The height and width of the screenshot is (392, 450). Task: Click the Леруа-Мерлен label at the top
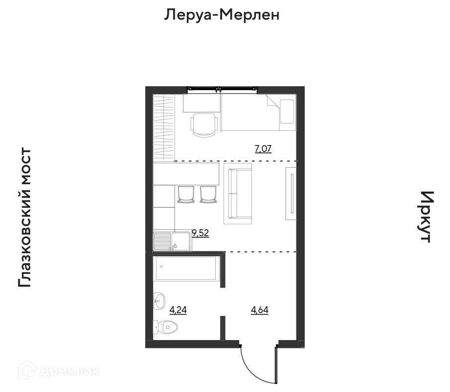coord(222,15)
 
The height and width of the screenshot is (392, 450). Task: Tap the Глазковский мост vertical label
coord(24,218)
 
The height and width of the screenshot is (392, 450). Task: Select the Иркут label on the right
coord(426,217)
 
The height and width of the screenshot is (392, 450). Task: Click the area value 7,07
coord(263,149)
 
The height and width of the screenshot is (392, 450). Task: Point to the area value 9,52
coord(201,233)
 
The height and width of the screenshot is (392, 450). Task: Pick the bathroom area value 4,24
coord(178,310)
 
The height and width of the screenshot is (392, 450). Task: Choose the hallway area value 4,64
coord(260,310)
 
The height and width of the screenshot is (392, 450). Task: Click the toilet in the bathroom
coord(165,327)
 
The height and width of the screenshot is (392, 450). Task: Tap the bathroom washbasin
coord(159,301)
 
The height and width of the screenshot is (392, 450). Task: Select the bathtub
coord(186,269)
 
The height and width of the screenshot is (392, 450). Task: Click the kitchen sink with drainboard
coord(172,241)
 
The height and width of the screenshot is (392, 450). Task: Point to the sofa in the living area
coord(238,194)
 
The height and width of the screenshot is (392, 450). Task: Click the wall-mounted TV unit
coord(291,193)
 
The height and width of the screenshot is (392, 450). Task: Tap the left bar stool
coord(186,195)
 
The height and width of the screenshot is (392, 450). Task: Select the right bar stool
coord(208,195)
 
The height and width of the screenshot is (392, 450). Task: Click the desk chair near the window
coord(204,125)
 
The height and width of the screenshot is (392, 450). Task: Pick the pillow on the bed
coord(287,111)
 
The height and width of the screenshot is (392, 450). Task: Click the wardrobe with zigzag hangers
coord(164,127)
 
